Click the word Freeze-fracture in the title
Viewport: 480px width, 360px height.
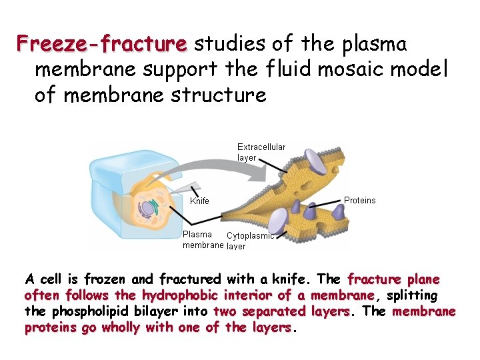click(102, 44)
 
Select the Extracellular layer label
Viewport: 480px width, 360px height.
click(261, 152)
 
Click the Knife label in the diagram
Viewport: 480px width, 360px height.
click(199, 201)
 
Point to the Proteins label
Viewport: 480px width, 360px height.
click(359, 200)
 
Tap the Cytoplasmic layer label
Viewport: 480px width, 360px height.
click(250, 240)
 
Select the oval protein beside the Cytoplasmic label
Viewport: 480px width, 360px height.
click(281, 219)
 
